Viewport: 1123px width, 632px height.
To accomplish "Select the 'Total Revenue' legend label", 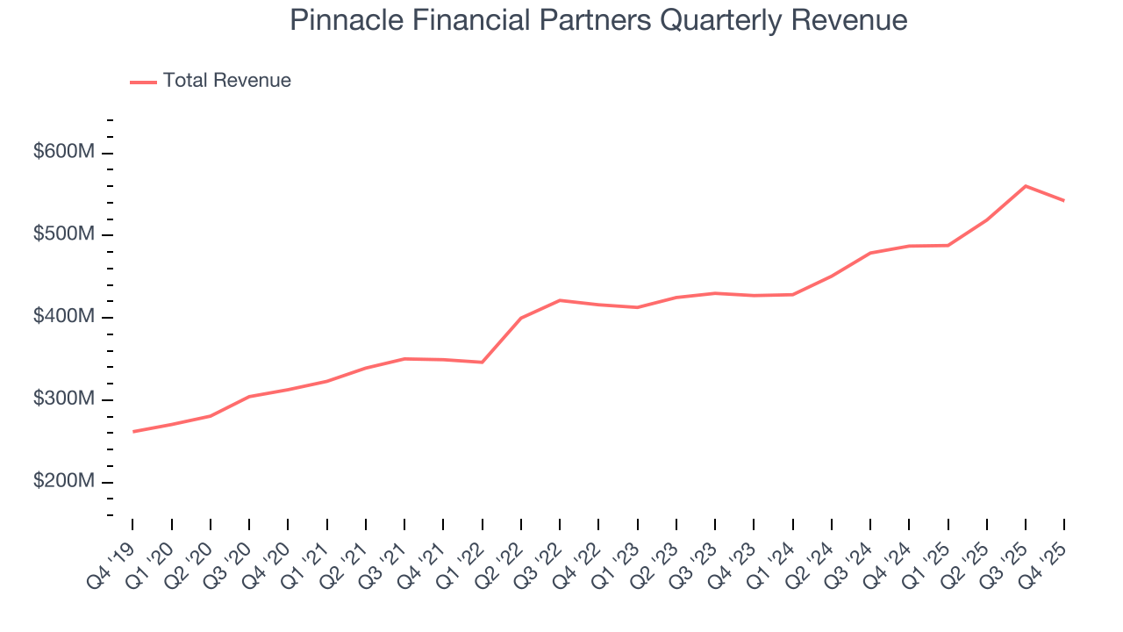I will (226, 81).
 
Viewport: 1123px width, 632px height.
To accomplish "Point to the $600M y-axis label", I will (63, 152).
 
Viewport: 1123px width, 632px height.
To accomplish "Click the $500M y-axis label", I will (63, 234).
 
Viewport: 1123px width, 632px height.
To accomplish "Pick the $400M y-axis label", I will (63, 317).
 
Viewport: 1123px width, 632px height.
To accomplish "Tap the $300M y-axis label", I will (63, 399).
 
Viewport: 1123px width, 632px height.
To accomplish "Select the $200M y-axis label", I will (63, 482).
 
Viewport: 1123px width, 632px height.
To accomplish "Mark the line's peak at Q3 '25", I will (1026, 186).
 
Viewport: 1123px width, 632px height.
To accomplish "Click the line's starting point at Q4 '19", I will (133, 431).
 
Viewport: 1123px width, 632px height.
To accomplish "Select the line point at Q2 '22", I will (521, 318).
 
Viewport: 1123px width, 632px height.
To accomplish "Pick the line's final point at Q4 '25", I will (1064, 200).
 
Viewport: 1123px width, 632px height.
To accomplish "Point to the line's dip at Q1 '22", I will (483, 362).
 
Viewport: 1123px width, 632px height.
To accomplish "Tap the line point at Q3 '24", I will (870, 253).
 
